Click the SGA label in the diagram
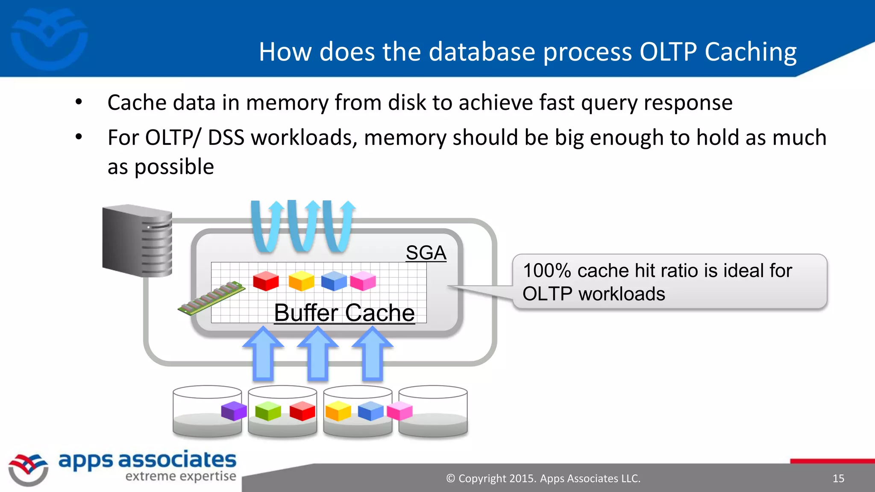[426, 252]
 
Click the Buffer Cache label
[344, 313]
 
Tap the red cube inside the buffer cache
[266, 281]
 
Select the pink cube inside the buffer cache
[363, 281]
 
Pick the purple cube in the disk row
[234, 411]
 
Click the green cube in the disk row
[268, 411]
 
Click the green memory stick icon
[212, 298]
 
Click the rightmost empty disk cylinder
[433, 411]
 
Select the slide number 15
[838, 478]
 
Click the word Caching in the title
[750, 52]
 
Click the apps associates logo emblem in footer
[28, 469]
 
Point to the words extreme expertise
[180, 476]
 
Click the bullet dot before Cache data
[79, 102]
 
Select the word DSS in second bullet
[226, 138]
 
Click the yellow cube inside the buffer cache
[301, 281]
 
